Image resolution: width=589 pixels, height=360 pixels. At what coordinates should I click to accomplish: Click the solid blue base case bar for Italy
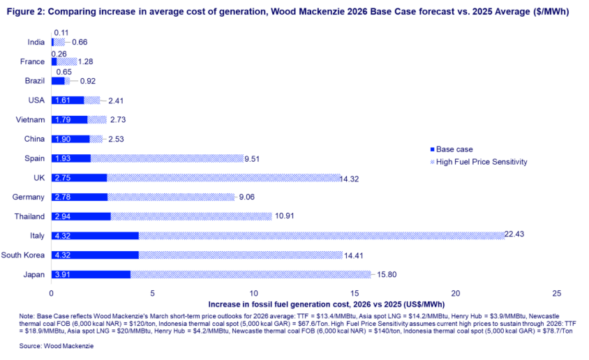[95, 236]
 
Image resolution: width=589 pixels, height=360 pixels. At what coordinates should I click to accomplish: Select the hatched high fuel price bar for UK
[223, 178]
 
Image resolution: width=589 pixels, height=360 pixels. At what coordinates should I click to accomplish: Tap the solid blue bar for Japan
[91, 275]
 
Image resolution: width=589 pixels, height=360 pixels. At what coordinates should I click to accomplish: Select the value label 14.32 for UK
[353, 178]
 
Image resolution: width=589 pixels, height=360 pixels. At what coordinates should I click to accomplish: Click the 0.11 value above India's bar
[61, 33]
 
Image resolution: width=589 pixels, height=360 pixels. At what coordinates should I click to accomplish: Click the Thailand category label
[29, 216]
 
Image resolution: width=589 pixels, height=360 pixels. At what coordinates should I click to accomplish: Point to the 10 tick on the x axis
[253, 294]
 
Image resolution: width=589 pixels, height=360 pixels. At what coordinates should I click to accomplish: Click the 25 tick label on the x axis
[557, 294]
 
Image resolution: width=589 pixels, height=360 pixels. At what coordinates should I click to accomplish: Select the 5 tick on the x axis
[152, 294]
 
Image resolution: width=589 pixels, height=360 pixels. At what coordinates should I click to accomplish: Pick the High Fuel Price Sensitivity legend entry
[482, 162]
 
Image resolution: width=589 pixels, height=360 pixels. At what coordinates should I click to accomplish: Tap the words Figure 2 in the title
[24, 10]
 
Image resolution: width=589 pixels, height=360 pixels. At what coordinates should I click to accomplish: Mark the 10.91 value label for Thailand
[286, 216]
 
